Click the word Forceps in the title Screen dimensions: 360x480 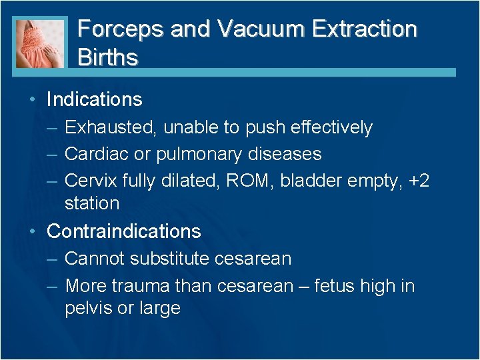(121, 29)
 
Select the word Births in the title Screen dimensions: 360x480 (108, 57)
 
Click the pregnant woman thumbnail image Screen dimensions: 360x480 (41, 42)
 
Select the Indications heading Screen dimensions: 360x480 (94, 100)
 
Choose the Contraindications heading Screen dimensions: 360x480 (123, 231)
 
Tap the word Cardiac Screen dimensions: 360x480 (98, 154)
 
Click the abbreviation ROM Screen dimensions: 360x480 (253, 181)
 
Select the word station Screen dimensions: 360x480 (92, 203)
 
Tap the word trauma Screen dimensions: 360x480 (139, 287)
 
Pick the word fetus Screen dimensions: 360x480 (331, 287)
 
